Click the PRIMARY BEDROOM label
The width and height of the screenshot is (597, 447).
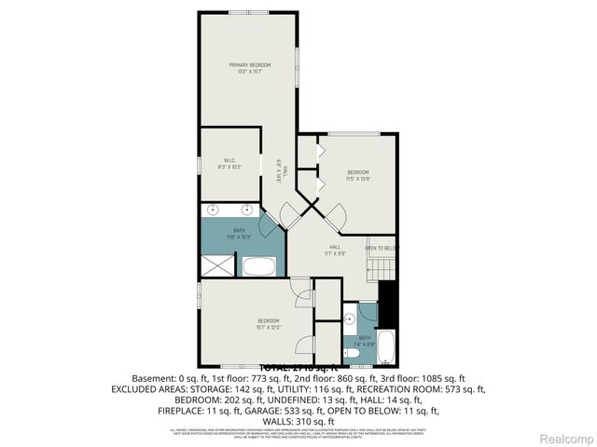click(x=249, y=64)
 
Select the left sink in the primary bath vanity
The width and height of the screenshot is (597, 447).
click(x=212, y=210)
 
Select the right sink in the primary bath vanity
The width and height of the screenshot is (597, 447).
click(x=247, y=210)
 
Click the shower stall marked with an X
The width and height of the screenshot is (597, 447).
click(x=220, y=265)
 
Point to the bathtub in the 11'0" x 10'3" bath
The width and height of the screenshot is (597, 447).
click(x=260, y=267)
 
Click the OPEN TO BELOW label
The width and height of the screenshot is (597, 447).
click(x=382, y=248)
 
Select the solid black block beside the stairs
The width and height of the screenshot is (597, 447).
click(x=392, y=303)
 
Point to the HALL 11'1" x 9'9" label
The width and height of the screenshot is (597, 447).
click(x=334, y=250)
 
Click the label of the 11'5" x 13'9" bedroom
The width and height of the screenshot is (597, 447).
click(x=358, y=172)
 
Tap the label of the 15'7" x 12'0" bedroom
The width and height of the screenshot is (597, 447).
click(x=269, y=321)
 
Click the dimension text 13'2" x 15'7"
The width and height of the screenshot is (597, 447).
click(x=249, y=72)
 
